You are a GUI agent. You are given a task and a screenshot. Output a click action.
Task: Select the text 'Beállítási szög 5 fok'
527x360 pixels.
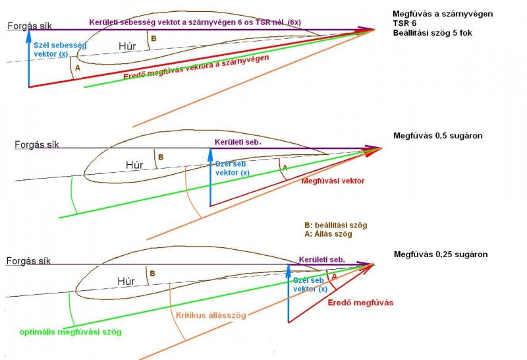pyautogui.click(x=431, y=32)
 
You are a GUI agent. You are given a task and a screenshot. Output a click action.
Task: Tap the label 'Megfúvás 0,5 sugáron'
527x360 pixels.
pyautogui.click(x=438, y=136)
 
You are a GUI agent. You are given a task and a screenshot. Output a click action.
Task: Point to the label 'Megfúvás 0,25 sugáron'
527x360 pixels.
pyautogui.click(x=441, y=254)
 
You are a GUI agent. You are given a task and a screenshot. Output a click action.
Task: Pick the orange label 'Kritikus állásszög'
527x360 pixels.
pyautogui.click(x=207, y=316)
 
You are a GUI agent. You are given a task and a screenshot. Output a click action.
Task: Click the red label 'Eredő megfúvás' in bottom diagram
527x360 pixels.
pyautogui.click(x=360, y=303)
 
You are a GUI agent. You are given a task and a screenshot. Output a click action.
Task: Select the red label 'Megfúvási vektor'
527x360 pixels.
pyautogui.click(x=333, y=181)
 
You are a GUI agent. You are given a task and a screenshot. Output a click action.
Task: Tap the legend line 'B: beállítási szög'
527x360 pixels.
pyautogui.click(x=331, y=224)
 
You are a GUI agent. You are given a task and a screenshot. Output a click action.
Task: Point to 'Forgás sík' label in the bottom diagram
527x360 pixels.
pyautogui.click(x=28, y=260)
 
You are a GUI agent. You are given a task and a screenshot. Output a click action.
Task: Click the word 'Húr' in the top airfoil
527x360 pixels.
pyautogui.click(x=128, y=46)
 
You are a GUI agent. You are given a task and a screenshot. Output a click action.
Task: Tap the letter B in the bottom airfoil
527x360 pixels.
pyautogui.click(x=152, y=273)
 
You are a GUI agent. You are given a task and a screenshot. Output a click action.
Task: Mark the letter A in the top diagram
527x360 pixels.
pyautogui.click(x=78, y=68)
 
